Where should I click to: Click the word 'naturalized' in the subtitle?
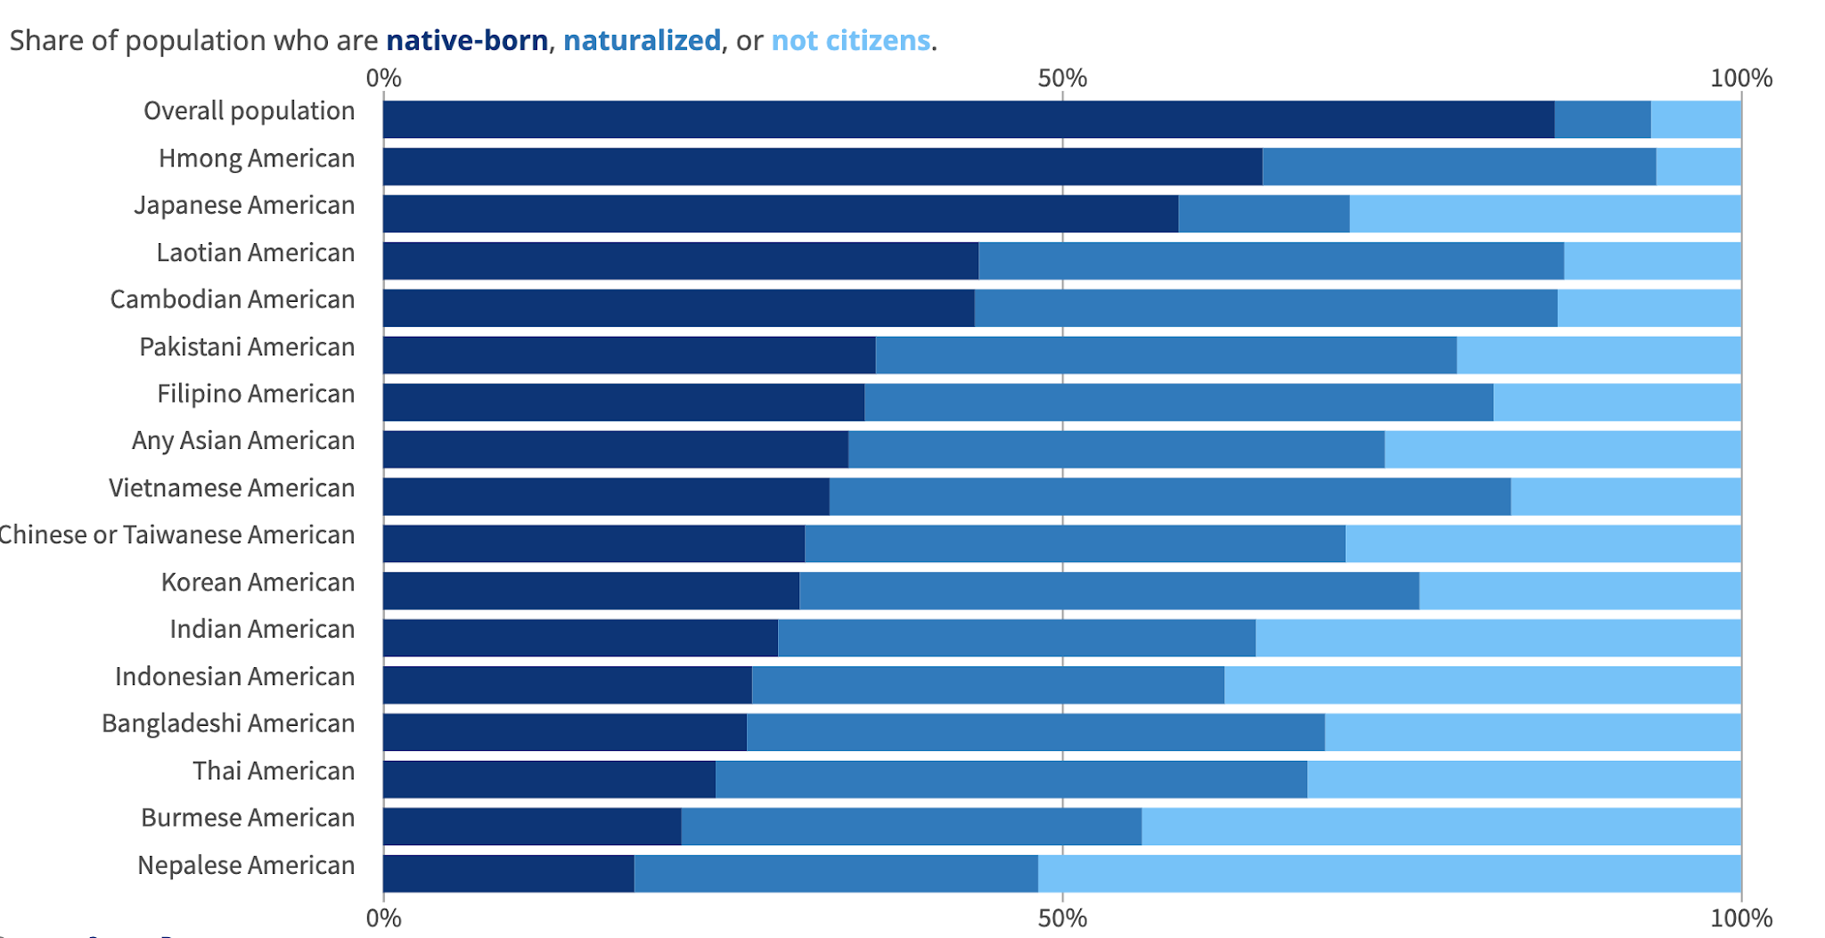[642, 41]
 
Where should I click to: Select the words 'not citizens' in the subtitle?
[850, 41]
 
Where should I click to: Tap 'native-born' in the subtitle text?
[467, 41]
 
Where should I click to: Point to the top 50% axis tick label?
[1062, 78]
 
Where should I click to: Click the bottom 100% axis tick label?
[1740, 918]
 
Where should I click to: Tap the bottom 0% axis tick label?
[384, 918]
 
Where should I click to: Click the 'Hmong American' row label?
[257, 159]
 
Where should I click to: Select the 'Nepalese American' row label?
[246, 865]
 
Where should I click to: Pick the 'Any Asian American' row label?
[243, 441]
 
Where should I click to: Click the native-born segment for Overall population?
[969, 119]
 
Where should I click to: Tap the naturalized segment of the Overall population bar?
[1602, 119]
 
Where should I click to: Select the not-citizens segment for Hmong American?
[1698, 167]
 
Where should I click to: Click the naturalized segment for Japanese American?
[1264, 214]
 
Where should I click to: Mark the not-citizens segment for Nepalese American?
[1388, 874]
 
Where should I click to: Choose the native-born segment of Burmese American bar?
[532, 827]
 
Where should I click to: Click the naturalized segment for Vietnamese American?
[1169, 497]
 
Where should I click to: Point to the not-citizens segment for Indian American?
[1497, 638]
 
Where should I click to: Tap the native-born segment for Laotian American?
[681, 261]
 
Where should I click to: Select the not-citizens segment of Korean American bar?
[1579, 591]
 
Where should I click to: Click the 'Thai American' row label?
[274, 771]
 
